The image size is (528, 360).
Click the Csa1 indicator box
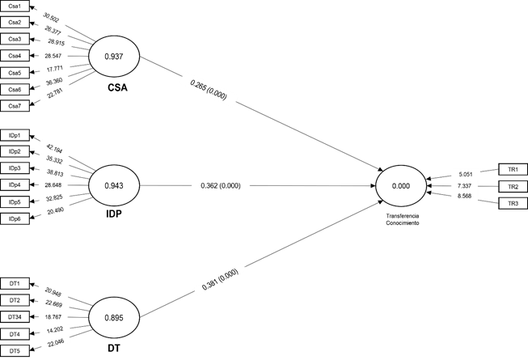tap(15, 6)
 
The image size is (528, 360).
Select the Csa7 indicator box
tap(15, 105)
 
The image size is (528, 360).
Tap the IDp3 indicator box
tap(15, 167)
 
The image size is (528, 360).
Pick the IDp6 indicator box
tap(15, 219)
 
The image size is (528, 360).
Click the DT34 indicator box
tap(15, 317)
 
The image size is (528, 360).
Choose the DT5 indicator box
tap(15, 351)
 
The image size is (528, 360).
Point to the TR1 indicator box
tap(513, 169)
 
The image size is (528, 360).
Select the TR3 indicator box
tap(513, 202)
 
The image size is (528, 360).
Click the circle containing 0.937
tap(115, 57)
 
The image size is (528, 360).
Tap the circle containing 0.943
tap(115, 186)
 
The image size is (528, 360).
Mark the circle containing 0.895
tap(115, 316)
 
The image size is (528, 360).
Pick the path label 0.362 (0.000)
tap(220, 186)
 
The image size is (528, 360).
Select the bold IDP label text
tap(114, 217)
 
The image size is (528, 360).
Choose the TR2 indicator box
tap(513, 186)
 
